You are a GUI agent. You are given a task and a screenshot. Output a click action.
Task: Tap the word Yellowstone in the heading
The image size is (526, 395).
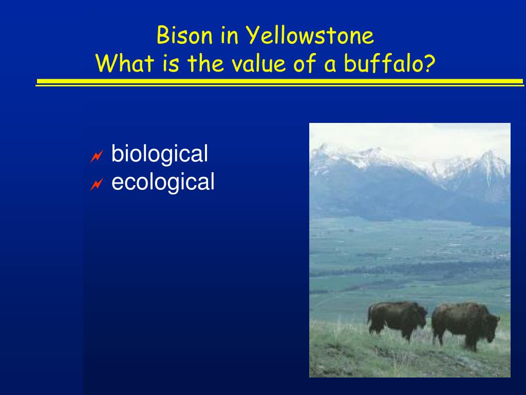(310, 35)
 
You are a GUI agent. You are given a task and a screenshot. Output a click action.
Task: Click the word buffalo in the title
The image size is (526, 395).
(383, 63)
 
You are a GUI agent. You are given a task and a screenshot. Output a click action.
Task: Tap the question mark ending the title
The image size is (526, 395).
(429, 63)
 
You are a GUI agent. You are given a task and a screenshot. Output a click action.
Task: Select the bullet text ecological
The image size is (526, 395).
(163, 182)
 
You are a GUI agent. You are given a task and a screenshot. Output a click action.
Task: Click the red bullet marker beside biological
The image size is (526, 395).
(97, 156)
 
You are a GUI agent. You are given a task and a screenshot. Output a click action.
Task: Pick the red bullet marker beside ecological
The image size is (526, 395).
(97, 185)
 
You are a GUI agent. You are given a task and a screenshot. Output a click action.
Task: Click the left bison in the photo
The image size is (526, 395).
(397, 319)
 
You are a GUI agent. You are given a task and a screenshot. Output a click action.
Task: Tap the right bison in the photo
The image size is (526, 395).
(465, 324)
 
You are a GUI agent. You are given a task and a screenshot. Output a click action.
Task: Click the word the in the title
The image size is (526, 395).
(205, 63)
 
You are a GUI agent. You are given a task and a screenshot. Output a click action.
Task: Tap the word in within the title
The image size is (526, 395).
(229, 35)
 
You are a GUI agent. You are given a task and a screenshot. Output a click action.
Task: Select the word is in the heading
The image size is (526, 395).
(171, 63)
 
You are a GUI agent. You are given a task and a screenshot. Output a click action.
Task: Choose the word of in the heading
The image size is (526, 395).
(305, 63)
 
